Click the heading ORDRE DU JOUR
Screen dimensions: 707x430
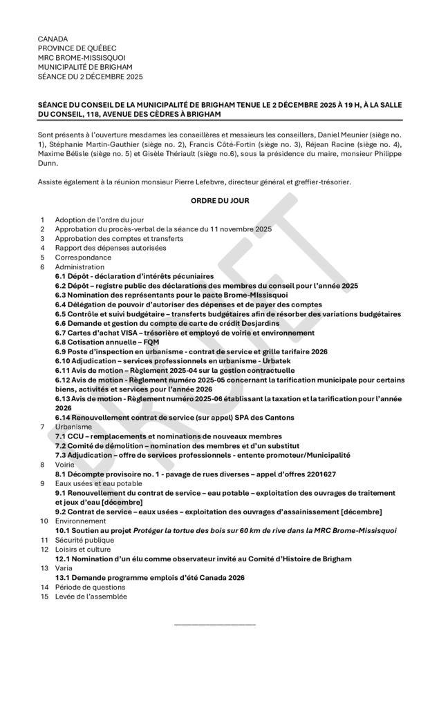click(215, 201)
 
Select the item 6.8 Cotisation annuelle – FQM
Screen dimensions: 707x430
click(107, 342)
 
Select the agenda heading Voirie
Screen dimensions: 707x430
click(66, 465)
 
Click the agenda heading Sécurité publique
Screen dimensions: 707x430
click(85, 540)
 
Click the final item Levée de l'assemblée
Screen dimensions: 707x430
click(91, 597)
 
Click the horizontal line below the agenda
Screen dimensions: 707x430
click(215, 625)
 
